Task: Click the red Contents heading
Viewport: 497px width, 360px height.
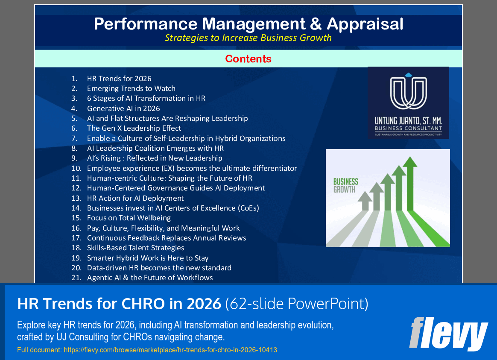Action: click(248, 59)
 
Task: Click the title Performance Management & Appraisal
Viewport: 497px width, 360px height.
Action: click(248, 24)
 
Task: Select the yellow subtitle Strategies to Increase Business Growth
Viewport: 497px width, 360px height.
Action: click(248, 38)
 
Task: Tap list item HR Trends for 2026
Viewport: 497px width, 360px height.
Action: click(119, 79)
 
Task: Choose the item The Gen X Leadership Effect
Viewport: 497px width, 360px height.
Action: click(134, 128)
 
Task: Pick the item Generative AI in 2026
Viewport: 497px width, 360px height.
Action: click(123, 108)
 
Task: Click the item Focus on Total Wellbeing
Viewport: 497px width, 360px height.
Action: click(129, 218)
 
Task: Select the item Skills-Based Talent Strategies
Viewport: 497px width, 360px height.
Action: click(136, 248)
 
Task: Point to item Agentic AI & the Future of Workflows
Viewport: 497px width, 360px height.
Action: click(150, 278)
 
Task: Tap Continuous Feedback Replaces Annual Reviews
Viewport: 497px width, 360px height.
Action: click(167, 238)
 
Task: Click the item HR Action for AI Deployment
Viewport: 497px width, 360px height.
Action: click(135, 198)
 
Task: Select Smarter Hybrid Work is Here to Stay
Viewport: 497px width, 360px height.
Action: click(148, 258)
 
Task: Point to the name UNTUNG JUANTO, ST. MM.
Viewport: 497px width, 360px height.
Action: click(408, 121)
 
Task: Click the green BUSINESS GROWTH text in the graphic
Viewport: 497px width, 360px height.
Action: click(345, 186)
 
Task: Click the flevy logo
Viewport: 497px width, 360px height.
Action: click(448, 334)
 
